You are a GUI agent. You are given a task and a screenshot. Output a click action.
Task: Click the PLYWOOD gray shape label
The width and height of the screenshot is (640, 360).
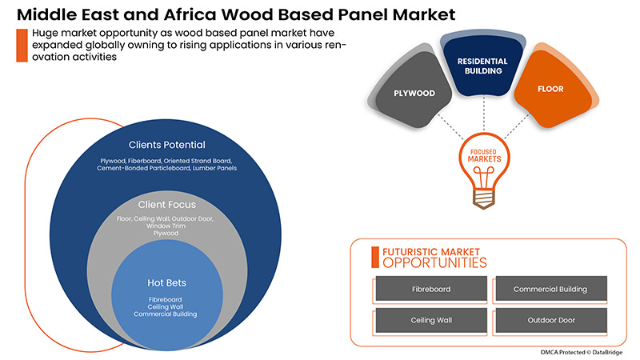[x=414, y=94]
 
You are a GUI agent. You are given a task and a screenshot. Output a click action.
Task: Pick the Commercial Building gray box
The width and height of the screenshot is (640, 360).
[x=550, y=289]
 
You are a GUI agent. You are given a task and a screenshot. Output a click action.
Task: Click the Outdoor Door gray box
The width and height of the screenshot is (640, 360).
[x=550, y=320]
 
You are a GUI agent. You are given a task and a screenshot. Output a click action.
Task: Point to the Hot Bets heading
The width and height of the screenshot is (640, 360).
[x=167, y=282]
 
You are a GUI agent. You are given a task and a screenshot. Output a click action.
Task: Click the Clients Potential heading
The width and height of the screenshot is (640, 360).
[x=167, y=145]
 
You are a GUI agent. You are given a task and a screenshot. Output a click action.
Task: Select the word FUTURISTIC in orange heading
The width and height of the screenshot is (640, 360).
[x=414, y=250]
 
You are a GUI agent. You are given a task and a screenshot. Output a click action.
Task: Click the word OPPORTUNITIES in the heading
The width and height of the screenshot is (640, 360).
[x=434, y=262]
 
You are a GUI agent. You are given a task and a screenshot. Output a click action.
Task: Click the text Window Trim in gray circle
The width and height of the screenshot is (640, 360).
[x=167, y=226]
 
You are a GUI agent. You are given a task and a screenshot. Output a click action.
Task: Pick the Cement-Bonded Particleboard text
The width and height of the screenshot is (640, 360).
[x=138, y=169]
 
